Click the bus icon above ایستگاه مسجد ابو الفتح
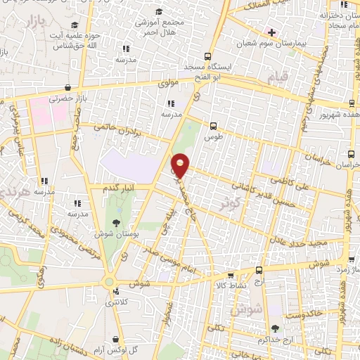(207, 57)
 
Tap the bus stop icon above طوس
(212, 125)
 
